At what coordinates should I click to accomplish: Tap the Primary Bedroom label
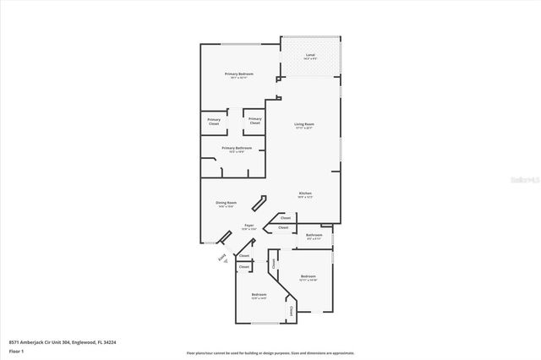(x=239, y=74)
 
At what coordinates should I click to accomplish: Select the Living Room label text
(x=304, y=125)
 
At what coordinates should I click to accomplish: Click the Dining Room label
(x=226, y=203)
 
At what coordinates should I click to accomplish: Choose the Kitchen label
(x=305, y=194)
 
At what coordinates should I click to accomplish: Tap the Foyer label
(x=249, y=226)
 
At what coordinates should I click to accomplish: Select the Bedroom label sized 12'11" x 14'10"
(x=308, y=277)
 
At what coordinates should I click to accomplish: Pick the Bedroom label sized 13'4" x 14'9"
(x=259, y=295)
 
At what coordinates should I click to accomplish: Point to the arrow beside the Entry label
(x=227, y=263)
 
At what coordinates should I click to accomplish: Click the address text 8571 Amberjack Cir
(x=50, y=342)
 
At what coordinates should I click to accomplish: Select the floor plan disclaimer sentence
(x=270, y=352)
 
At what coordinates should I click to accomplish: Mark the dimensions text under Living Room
(x=304, y=128)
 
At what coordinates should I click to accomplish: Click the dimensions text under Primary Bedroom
(x=239, y=79)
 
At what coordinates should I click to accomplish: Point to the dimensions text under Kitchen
(x=305, y=198)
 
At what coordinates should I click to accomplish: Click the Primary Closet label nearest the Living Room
(x=254, y=122)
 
